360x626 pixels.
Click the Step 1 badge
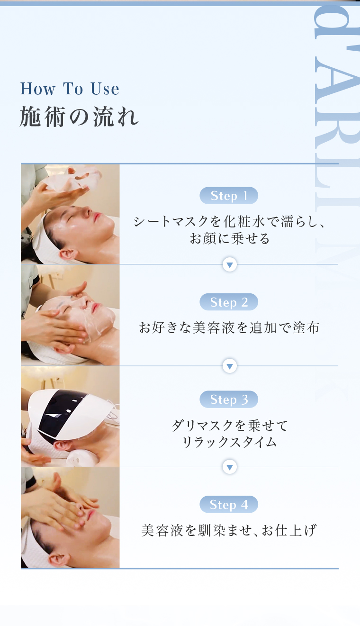pos(229,195)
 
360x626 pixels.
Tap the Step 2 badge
pos(229,302)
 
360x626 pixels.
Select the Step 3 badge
pos(229,399)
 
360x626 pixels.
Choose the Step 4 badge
pos(229,504)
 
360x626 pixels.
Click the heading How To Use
pos(70,89)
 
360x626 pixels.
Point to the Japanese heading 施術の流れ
pos(79,117)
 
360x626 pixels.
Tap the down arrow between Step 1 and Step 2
pos(230,264)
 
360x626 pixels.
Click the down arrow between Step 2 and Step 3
pos(230,366)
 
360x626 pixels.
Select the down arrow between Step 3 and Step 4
pos(230,467)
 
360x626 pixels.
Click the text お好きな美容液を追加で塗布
pos(229,327)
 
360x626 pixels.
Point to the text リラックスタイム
pos(229,442)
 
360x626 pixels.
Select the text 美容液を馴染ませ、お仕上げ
pos(229,530)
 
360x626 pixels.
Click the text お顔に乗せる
pos(229,238)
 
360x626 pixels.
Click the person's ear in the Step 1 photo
pos(67,254)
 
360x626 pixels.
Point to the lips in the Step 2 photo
pos(95,308)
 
